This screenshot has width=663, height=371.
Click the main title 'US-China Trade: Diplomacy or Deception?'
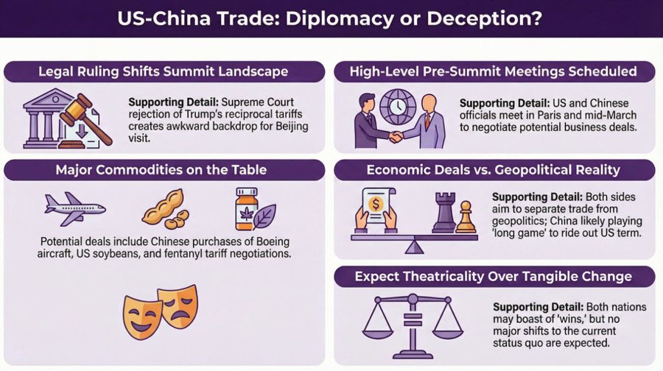(x=331, y=18)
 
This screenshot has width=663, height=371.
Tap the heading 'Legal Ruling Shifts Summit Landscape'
(x=164, y=71)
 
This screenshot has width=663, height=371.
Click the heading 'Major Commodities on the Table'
(x=164, y=171)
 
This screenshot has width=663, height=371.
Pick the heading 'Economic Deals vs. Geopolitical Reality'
(x=494, y=171)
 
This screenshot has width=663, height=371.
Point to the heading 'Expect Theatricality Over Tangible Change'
(x=494, y=277)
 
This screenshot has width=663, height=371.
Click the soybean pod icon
(x=163, y=208)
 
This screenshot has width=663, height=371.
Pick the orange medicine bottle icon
(x=246, y=207)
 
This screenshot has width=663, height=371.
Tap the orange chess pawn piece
(x=466, y=217)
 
